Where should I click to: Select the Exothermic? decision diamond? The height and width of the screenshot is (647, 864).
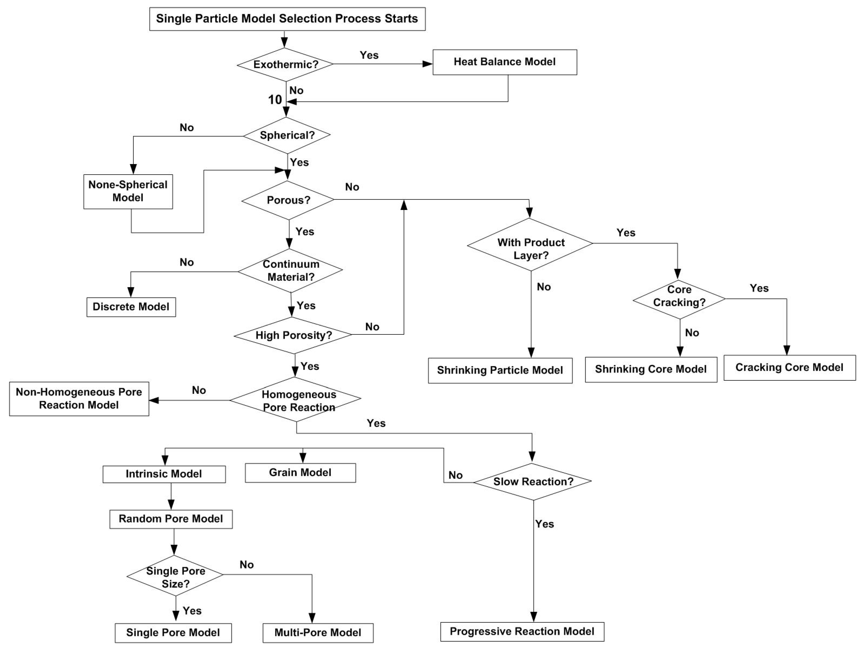coord(286,65)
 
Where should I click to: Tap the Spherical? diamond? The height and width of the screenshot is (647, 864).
coord(287,135)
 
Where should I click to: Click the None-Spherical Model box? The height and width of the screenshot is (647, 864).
coord(128,191)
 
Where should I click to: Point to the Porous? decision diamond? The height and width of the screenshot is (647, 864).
coord(288,200)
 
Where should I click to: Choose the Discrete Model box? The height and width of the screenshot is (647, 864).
coord(131,307)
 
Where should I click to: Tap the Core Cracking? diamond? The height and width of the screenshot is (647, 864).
coord(679,299)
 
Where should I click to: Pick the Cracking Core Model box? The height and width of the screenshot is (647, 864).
coord(789,368)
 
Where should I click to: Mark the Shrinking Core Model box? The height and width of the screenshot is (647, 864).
coord(651,369)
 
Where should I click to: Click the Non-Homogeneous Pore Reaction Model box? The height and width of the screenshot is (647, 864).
coord(79,398)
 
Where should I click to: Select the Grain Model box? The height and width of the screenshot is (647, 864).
coord(300,473)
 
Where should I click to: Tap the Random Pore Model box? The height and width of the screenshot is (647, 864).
coord(171,519)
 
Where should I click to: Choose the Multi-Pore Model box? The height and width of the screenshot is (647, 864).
coord(318,633)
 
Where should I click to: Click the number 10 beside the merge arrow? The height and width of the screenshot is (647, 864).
coord(275,100)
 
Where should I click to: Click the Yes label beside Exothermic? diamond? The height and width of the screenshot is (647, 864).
coord(369,55)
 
